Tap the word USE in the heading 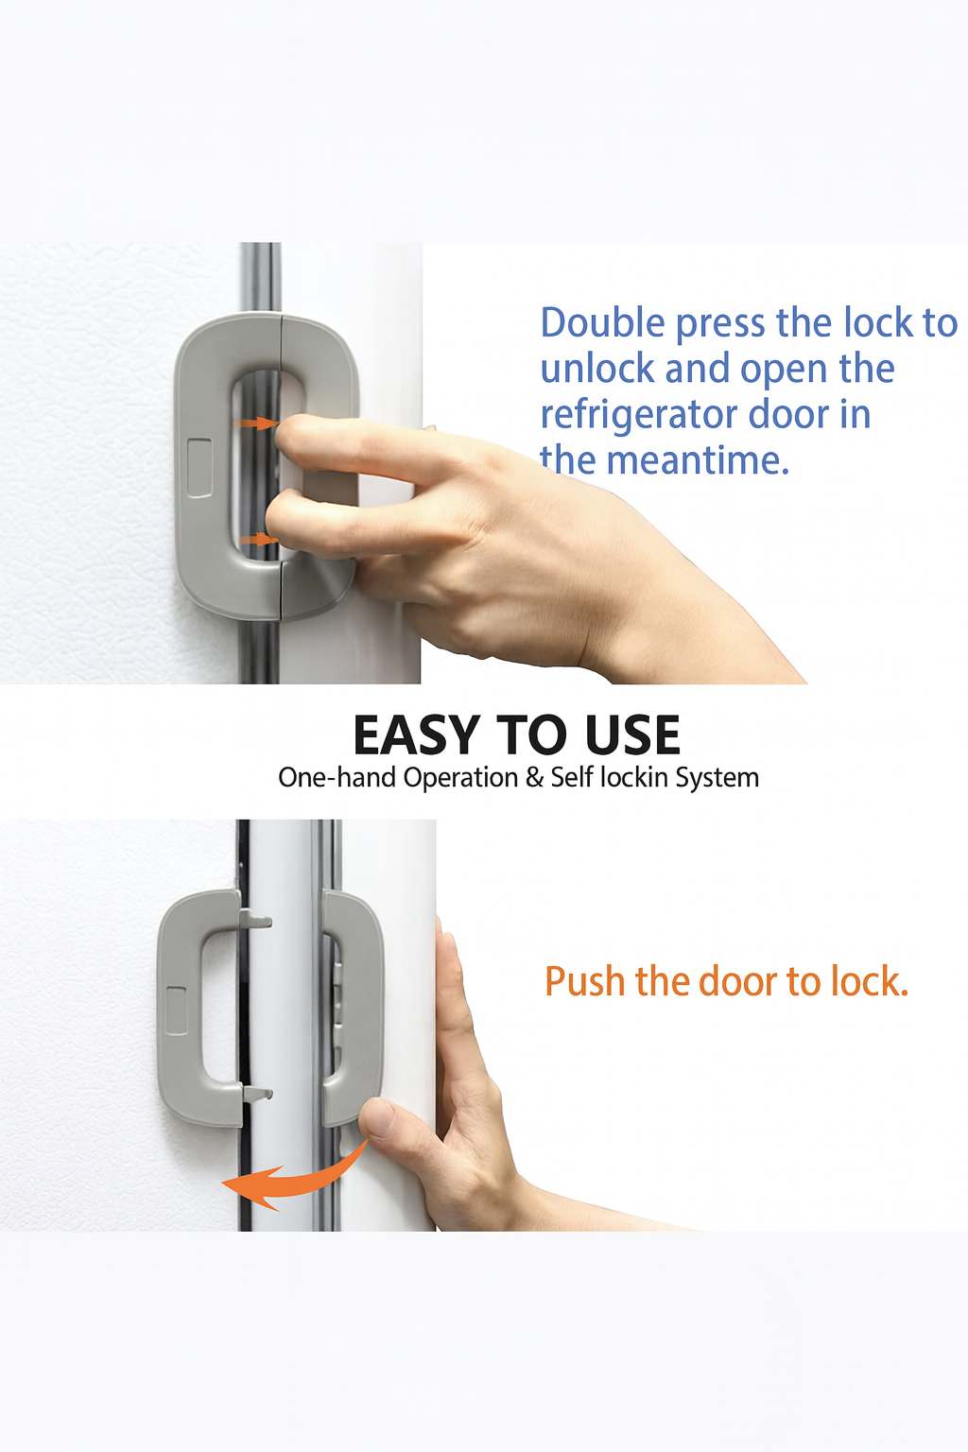tap(631, 735)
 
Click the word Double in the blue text tap(603, 323)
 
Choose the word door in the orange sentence tap(739, 982)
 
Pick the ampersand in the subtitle tap(534, 778)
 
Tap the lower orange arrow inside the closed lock tap(257, 540)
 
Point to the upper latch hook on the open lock tap(256, 919)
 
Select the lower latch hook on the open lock tap(257, 1094)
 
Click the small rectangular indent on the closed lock tap(199, 467)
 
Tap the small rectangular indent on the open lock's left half tap(176, 1011)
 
